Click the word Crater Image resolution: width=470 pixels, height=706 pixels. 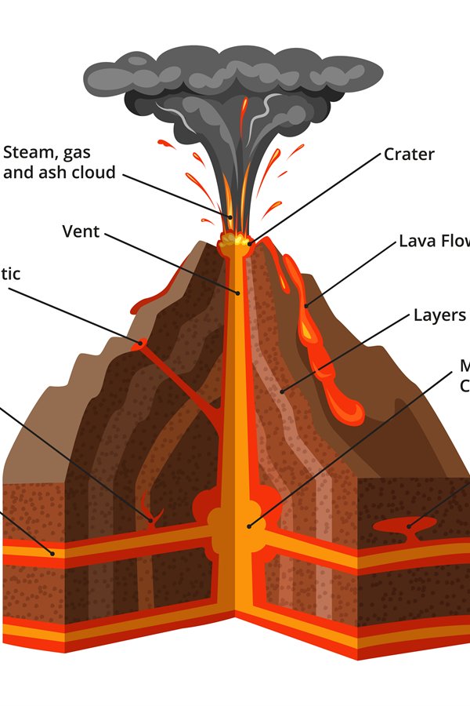(x=408, y=155)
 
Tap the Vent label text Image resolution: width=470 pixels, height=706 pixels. (x=81, y=231)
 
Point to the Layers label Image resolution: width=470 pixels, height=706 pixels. (x=439, y=315)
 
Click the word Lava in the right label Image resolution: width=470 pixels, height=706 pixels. (x=416, y=241)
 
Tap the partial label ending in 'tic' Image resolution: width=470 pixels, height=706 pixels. (x=10, y=274)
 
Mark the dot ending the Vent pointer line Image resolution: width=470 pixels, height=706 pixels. (x=239, y=293)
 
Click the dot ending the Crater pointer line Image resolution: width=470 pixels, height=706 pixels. (x=251, y=244)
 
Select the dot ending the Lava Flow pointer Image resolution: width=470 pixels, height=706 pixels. (x=306, y=304)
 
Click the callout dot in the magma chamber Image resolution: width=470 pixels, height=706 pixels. (x=249, y=526)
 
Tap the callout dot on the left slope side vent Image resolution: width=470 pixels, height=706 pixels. (x=142, y=342)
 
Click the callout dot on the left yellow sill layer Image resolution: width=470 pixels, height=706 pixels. (x=52, y=552)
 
